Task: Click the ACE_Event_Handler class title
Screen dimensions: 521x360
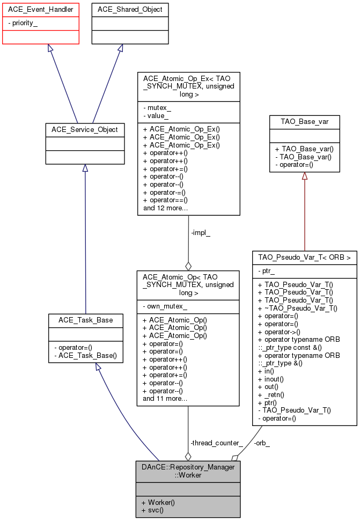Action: click(x=40, y=9)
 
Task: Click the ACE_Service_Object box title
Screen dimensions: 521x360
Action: click(x=84, y=129)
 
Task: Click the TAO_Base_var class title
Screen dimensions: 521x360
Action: click(x=304, y=122)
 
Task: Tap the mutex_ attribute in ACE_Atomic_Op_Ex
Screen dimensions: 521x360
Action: click(x=156, y=107)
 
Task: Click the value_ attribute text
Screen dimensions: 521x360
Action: click(x=155, y=115)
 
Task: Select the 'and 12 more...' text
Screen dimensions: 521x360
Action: click(x=165, y=207)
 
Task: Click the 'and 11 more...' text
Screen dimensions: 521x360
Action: click(x=165, y=398)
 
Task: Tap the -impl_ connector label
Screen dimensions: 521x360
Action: click(x=200, y=233)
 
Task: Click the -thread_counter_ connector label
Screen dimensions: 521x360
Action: click(x=216, y=443)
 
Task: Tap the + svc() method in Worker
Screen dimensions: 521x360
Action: click(x=153, y=510)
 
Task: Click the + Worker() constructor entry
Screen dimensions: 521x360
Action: click(x=158, y=502)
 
